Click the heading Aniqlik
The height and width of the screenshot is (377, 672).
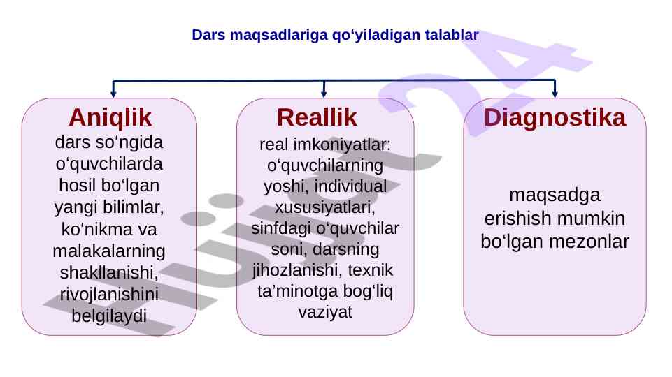coord(110,118)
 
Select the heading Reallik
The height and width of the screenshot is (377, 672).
coord(317,117)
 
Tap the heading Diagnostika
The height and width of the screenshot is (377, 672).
coord(555,118)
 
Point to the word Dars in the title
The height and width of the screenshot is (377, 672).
coord(208,35)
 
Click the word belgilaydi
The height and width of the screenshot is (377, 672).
coord(109,316)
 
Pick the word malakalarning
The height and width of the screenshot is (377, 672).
coord(109,251)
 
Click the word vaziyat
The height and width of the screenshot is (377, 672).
coord(325,312)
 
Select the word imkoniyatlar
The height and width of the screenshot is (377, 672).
coord(341,145)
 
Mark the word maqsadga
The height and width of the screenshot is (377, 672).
coord(555,195)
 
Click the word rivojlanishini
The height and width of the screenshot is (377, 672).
coord(109,295)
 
